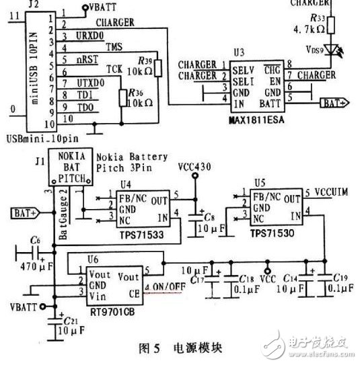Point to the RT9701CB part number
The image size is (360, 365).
(x=108, y=311)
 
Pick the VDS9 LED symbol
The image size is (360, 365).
(x=332, y=50)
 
